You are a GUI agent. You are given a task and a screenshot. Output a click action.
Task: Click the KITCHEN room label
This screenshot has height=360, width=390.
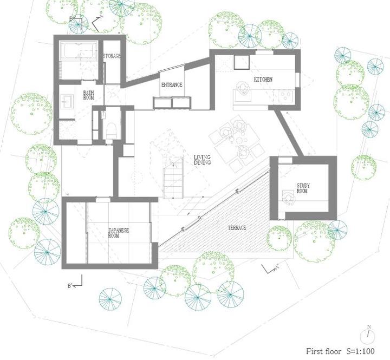(x=263, y=80)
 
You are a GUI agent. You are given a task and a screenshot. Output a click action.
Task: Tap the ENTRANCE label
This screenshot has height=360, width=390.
(x=172, y=85)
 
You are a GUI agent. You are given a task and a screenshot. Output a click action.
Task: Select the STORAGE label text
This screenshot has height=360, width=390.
(x=112, y=56)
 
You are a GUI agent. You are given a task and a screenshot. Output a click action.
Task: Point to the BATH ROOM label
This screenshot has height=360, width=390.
(x=88, y=95)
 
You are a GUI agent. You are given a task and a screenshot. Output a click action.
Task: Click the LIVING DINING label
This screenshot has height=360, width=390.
(x=202, y=160)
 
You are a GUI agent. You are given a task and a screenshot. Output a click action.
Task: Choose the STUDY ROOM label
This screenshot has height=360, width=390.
(x=303, y=188)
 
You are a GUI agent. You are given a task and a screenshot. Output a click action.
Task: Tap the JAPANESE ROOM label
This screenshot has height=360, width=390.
(x=119, y=233)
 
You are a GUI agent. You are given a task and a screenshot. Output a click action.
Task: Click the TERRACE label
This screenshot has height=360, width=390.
(x=237, y=228)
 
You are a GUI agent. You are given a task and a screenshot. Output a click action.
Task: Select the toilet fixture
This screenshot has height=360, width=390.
(x=112, y=130)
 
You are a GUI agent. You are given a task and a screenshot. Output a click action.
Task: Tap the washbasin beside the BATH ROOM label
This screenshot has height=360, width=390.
(x=67, y=102)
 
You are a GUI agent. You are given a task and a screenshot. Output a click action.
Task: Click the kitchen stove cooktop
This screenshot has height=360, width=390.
(x=286, y=96)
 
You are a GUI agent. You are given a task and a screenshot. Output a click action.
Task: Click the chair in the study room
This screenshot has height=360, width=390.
(x=288, y=197)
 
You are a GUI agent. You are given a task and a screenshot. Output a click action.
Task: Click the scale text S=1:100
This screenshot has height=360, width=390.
(x=361, y=351)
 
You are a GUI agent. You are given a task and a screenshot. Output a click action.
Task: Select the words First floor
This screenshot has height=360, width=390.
(x=323, y=351)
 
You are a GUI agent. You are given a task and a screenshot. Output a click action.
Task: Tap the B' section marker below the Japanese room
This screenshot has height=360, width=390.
(x=75, y=283)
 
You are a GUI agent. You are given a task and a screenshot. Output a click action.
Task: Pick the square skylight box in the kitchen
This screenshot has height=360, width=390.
(x=241, y=62)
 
